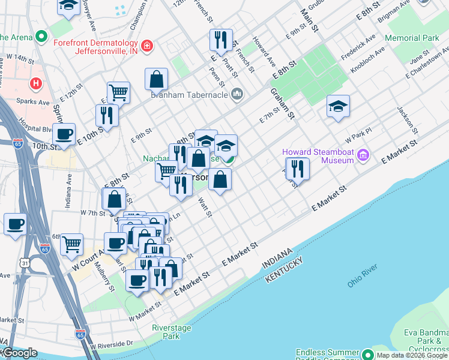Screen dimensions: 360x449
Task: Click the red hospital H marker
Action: coord(36,83)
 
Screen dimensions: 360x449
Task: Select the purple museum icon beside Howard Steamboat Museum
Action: coord(362,156)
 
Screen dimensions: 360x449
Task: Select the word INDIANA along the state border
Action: coord(277,259)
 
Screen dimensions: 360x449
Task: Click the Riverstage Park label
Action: coord(166,332)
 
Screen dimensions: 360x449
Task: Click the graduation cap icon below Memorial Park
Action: coord(338,106)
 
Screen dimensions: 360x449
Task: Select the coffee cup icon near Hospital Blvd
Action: coord(64,134)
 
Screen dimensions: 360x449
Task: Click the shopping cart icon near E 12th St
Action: coord(119,92)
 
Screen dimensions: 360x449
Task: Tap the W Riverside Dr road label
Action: coord(112,344)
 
